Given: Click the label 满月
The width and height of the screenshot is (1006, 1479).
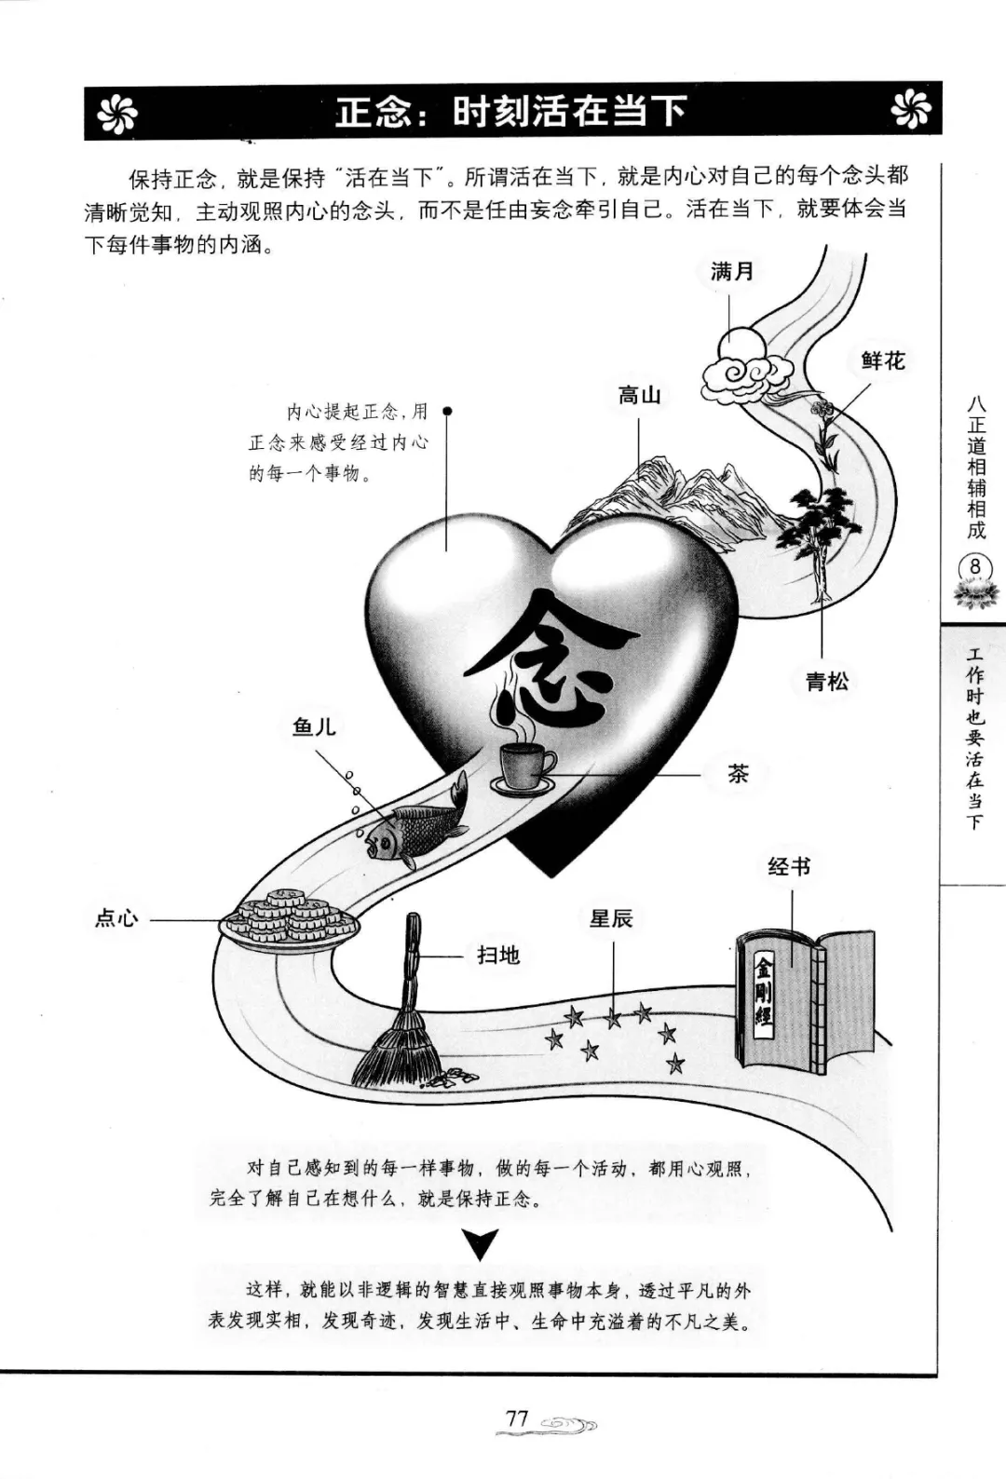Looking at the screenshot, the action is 732,271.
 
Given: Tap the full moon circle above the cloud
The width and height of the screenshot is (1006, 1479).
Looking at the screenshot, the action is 741,345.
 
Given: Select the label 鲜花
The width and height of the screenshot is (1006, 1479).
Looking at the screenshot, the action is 882,360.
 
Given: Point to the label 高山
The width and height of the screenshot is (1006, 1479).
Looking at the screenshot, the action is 639,396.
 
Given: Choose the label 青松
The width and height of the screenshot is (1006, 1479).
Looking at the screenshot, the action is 826,681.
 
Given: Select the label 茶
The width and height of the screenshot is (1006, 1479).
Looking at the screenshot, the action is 738,773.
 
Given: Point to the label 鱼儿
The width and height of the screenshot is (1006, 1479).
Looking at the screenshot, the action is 315,727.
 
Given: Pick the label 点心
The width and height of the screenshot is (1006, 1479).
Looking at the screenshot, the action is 117,917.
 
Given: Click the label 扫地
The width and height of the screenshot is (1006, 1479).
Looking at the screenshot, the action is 498,956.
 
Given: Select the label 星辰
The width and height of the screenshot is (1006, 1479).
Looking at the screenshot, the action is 612,918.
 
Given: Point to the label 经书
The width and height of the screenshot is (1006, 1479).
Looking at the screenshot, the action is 789,867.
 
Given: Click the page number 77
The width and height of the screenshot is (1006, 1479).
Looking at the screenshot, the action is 517,1418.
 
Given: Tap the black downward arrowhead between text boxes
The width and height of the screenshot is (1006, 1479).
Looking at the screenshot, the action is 481,1244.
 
